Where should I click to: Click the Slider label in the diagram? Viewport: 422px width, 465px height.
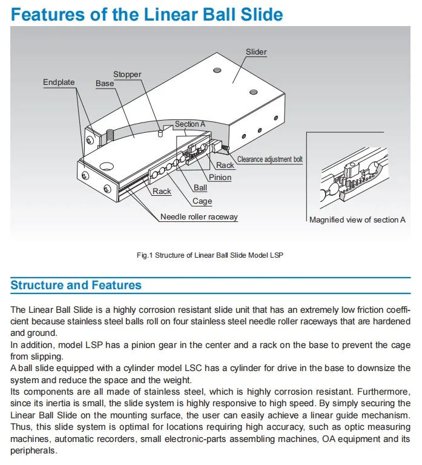tap(256, 52)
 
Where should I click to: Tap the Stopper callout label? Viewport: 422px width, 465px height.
tap(127, 75)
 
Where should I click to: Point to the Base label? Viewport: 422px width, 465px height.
tap(105, 83)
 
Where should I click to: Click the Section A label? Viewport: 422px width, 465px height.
tap(190, 124)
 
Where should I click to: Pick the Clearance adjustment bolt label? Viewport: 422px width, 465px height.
tap(270, 159)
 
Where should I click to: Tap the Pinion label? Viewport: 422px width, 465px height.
tap(220, 178)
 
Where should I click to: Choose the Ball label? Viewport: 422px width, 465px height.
tap(200, 188)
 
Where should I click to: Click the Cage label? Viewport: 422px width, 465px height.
tap(202, 201)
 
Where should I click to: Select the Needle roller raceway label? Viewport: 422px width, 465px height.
tap(199, 217)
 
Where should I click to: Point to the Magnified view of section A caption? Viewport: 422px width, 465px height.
tap(357, 219)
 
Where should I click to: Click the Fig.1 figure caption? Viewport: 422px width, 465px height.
tap(210, 255)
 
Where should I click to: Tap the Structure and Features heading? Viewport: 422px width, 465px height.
tap(76, 285)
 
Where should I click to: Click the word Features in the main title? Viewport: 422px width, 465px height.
tap(54, 15)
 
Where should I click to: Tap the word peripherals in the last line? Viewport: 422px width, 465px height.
tap(35, 450)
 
